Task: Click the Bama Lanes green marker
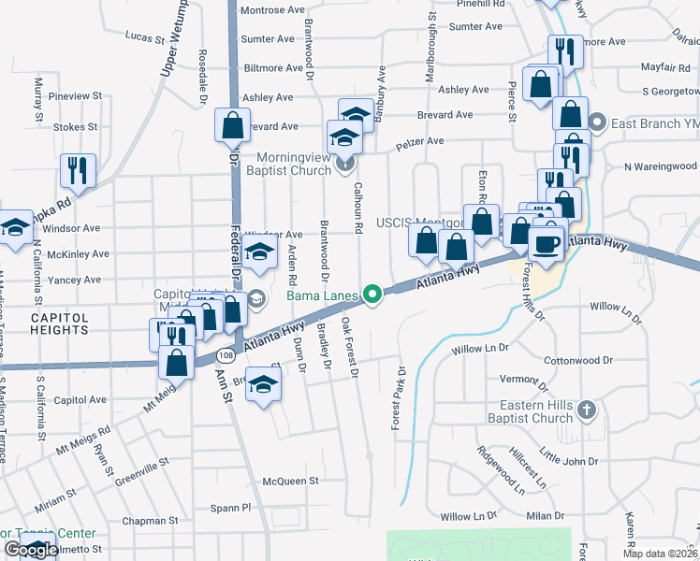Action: [x=373, y=295]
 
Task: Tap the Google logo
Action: [x=31, y=549]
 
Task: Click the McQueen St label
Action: [x=291, y=481]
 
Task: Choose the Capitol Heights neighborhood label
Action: [x=59, y=324]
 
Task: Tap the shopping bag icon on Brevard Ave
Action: [x=232, y=123]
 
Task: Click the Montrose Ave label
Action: [x=272, y=10]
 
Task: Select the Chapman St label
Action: [x=154, y=520]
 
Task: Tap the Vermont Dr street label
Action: [x=523, y=379]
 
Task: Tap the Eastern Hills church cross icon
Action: [x=585, y=410]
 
